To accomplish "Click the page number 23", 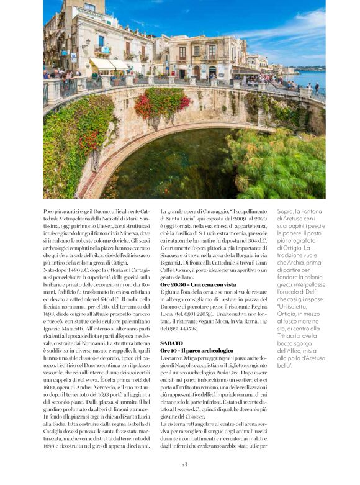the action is pos(184,464).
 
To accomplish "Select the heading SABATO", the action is pos(171,343).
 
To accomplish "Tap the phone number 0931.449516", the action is pos(179,329).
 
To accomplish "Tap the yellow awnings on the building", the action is pos(109,64).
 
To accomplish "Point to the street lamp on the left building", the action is pos(86,43).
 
